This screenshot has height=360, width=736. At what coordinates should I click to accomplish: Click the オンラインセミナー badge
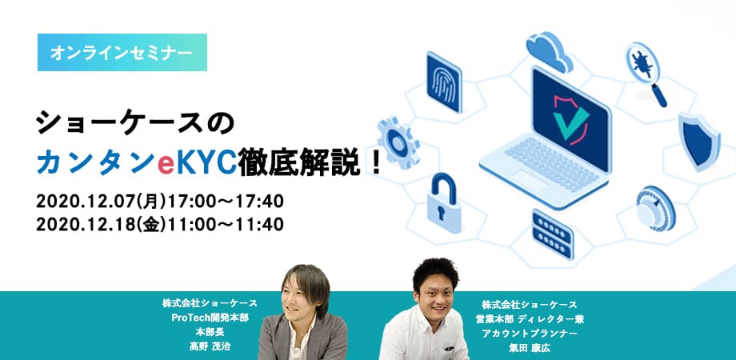(122, 53)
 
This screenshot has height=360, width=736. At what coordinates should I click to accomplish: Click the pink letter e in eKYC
(166, 164)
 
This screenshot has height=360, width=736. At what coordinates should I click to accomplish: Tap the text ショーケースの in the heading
(134, 124)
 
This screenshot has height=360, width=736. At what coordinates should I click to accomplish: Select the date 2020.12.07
(84, 202)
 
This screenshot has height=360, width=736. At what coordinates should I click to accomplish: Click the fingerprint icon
(444, 82)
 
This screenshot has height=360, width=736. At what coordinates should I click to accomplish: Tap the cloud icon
(549, 50)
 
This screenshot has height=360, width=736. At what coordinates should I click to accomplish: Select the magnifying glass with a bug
(646, 74)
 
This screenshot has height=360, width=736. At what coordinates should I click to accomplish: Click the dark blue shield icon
(699, 142)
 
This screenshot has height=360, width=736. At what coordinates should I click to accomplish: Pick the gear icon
(398, 142)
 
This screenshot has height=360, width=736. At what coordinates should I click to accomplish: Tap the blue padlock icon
(444, 202)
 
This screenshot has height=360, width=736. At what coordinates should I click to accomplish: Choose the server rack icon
(553, 234)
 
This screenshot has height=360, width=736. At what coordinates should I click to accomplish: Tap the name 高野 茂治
(210, 347)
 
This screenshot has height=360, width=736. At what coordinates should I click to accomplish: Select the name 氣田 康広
(530, 348)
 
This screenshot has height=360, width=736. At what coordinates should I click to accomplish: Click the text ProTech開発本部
(210, 318)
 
